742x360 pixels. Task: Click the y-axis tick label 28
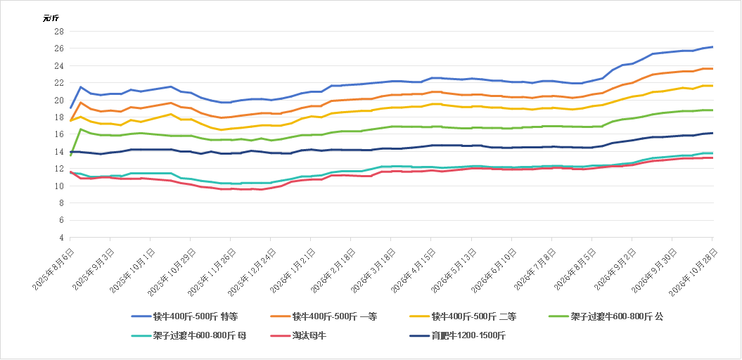[60, 31]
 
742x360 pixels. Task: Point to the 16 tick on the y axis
[60, 134]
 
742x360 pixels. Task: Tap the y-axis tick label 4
[62, 238]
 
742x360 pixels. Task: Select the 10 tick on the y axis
[60, 186]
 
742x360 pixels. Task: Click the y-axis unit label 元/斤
[51, 18]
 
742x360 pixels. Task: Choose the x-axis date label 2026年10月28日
[692, 266]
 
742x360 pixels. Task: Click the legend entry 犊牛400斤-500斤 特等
[188, 316]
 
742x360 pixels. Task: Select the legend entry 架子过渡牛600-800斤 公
[606, 316]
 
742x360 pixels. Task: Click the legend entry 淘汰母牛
[298, 336]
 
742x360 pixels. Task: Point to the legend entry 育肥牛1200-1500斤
[457, 336]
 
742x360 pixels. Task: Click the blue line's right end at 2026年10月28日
[712, 47]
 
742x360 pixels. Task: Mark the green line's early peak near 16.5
[80, 129]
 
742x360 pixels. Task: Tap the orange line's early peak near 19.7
[80, 102]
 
